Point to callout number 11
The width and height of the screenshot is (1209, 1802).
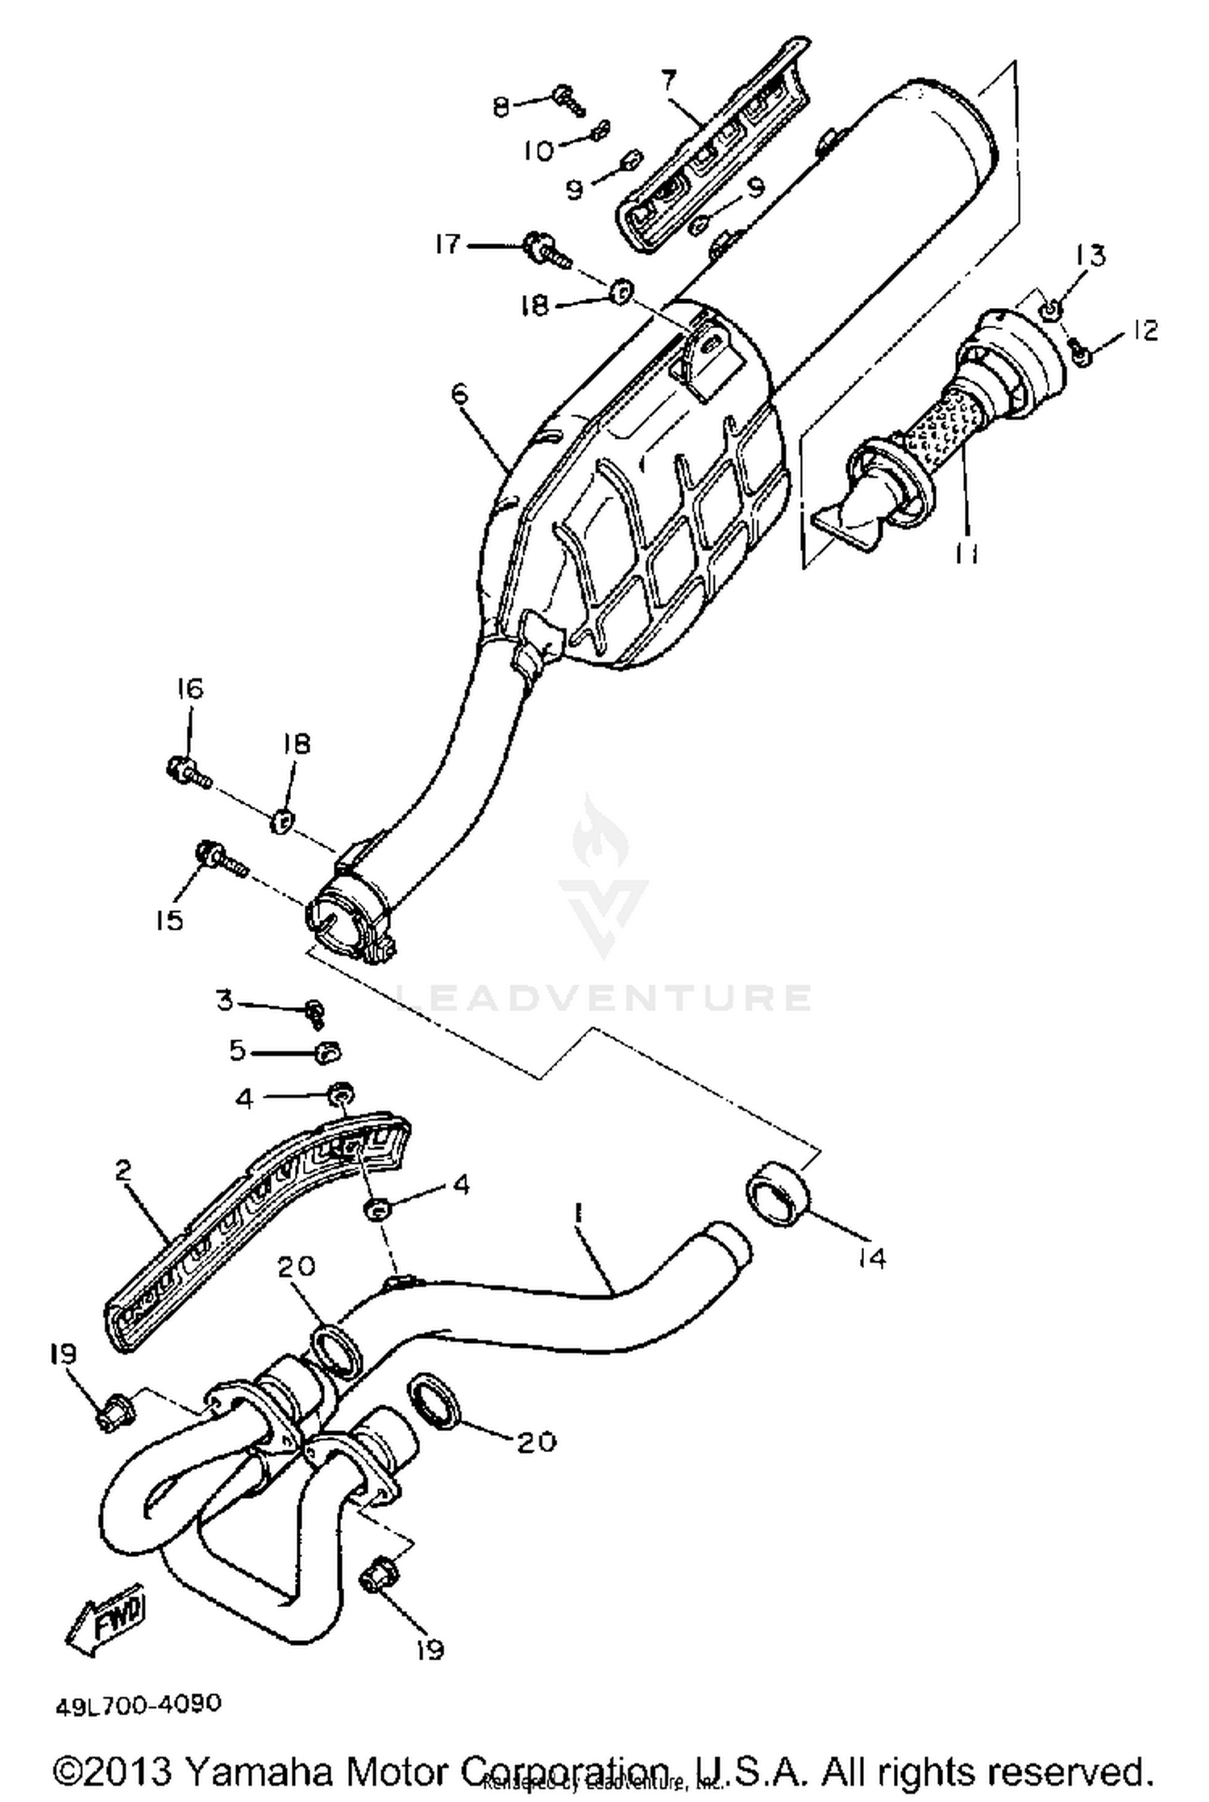tap(966, 553)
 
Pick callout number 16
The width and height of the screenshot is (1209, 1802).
tap(190, 689)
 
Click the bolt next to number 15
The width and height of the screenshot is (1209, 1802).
tap(219, 859)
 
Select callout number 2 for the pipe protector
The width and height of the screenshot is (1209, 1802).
tap(123, 1170)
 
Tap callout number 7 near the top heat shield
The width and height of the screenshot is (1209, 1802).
tap(668, 80)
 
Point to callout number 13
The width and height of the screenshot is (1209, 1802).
tap(1091, 256)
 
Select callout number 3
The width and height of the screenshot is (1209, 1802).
tap(225, 1001)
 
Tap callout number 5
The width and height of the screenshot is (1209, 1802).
tap(237, 1051)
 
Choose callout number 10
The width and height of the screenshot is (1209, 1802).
tap(538, 151)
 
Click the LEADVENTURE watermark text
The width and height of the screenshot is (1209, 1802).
tap(604, 997)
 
